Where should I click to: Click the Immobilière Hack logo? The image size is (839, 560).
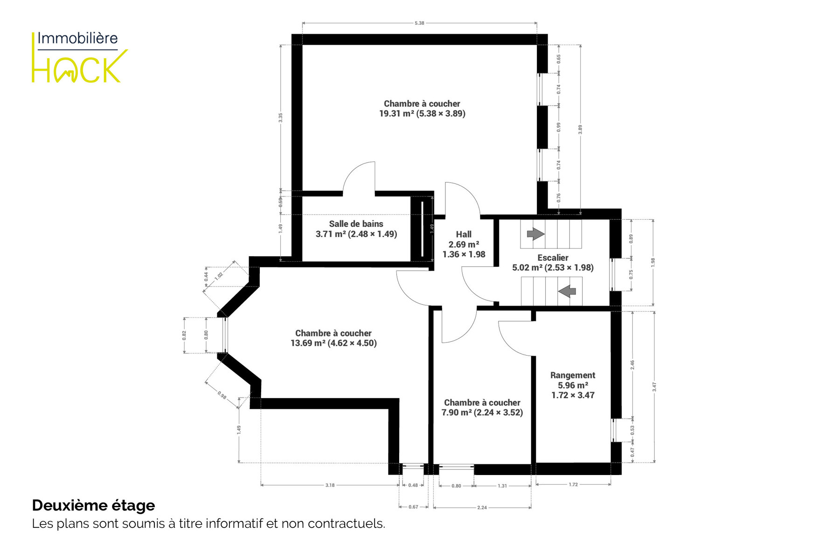point(80,57)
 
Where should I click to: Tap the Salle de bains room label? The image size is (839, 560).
point(356,229)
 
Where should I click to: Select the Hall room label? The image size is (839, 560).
point(464,245)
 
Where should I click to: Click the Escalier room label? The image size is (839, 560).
point(553,263)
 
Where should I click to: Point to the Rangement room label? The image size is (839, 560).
point(573,385)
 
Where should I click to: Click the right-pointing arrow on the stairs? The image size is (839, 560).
point(535,233)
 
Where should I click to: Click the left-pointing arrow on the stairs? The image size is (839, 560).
point(567,291)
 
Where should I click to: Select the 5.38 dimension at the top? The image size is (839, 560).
point(419,23)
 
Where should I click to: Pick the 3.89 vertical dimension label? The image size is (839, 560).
point(580,129)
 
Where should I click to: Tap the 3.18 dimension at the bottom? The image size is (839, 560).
point(330,485)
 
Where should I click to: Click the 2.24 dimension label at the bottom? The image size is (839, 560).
point(482,507)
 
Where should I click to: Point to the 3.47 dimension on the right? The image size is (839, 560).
point(654,387)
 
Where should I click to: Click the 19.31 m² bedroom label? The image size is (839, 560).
point(422,109)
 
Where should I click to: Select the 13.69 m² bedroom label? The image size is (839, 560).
point(333,338)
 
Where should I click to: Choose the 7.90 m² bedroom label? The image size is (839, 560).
point(482,408)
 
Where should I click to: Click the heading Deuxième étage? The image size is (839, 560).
point(93,505)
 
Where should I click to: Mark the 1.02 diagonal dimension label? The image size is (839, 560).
point(219,275)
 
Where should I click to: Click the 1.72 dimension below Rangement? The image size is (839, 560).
point(573,484)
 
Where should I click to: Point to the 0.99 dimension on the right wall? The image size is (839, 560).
point(559,127)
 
